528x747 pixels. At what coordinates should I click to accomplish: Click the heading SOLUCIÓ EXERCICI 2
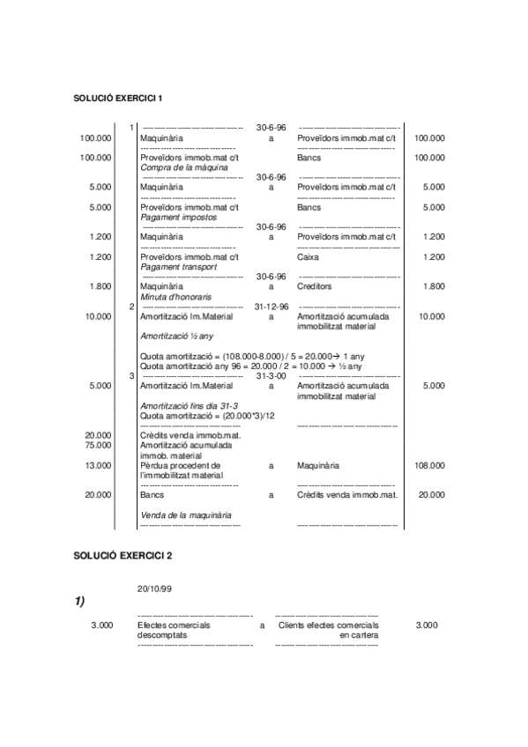click(x=123, y=556)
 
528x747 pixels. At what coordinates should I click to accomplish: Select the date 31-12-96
click(x=271, y=307)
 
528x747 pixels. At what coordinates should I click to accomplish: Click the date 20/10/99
click(x=154, y=588)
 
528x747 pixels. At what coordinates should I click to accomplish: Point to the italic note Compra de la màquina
click(x=184, y=167)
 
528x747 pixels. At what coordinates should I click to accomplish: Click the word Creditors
click(x=315, y=286)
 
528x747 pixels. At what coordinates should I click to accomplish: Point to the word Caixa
click(x=309, y=257)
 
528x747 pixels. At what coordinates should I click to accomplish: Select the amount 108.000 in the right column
click(x=429, y=465)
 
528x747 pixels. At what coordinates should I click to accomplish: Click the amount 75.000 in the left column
click(x=98, y=445)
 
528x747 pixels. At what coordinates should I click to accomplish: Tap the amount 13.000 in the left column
click(x=98, y=465)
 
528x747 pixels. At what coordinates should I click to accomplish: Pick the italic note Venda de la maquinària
click(x=186, y=514)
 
